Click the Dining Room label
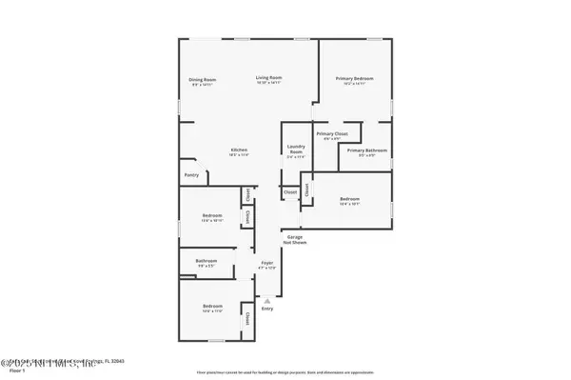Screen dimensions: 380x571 (x=202, y=79)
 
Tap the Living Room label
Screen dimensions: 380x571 (x=268, y=78)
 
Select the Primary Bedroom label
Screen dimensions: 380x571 (x=354, y=78)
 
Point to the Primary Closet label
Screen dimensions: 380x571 (x=332, y=134)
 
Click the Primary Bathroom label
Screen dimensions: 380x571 (x=365, y=150)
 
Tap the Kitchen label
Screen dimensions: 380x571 (x=239, y=150)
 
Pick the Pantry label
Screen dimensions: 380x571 (x=191, y=175)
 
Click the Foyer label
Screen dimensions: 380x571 (x=267, y=265)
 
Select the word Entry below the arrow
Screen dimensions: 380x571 (x=267, y=309)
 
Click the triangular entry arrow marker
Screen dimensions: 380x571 (x=267, y=299)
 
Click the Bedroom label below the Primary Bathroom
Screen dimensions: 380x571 (x=349, y=199)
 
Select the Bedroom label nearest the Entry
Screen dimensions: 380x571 (x=211, y=307)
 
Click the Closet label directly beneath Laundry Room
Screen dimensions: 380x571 (x=289, y=192)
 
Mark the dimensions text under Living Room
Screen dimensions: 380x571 (x=268, y=84)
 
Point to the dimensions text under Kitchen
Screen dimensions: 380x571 (x=239, y=156)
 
